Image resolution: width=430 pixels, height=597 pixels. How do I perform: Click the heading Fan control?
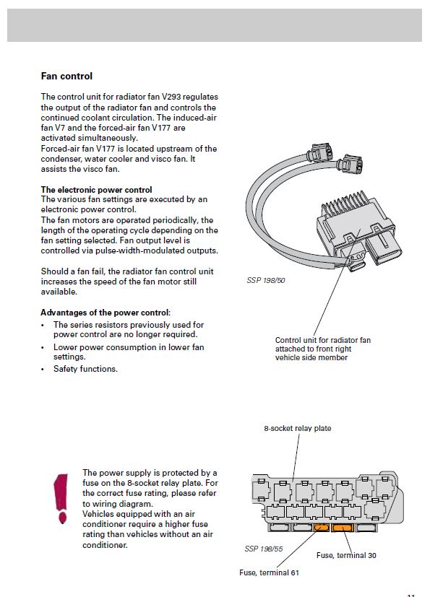66,76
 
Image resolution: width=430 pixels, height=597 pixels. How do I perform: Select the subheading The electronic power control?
96,190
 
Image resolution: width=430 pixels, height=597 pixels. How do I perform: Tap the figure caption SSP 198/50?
266,281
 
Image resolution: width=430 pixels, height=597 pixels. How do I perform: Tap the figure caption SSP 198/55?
264,549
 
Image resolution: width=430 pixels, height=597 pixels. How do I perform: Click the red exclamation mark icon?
61,498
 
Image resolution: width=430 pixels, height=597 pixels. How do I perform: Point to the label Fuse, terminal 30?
346,556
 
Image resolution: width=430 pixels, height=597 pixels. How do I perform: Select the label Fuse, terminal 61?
269,572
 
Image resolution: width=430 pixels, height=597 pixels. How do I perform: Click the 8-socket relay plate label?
297,428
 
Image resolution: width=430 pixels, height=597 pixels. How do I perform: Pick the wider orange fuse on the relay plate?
343,528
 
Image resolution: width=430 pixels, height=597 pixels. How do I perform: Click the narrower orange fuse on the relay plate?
321,528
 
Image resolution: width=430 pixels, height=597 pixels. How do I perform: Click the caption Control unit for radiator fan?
323,340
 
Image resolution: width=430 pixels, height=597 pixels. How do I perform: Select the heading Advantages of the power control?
105,313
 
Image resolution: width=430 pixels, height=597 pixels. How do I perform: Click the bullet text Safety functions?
85,369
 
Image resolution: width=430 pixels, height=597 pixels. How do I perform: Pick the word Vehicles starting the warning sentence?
98,514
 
